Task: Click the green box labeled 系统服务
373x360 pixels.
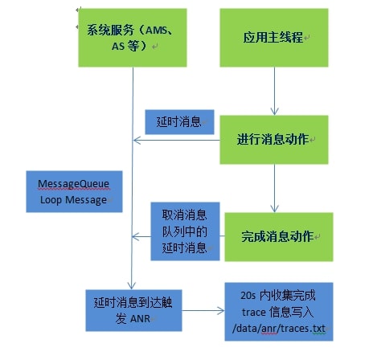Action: click(x=133, y=38)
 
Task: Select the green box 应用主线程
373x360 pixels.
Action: click(x=274, y=38)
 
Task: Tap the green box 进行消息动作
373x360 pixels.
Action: click(x=274, y=140)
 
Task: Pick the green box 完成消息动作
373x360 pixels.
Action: click(x=279, y=237)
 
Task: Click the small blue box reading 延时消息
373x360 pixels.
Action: click(x=179, y=122)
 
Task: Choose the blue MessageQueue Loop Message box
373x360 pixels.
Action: click(x=74, y=191)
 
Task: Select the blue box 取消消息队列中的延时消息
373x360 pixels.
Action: click(x=185, y=231)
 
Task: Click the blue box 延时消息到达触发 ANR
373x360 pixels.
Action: click(x=133, y=310)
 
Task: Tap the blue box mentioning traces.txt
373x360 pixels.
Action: click(x=279, y=312)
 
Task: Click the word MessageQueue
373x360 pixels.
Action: click(x=73, y=184)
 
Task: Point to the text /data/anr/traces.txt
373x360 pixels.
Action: click(x=279, y=329)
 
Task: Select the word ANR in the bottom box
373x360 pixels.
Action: click(x=140, y=319)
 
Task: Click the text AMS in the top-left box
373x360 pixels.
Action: click(x=157, y=30)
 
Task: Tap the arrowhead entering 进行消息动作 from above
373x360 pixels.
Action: click(x=274, y=111)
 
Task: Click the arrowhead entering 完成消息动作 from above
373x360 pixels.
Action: click(x=274, y=208)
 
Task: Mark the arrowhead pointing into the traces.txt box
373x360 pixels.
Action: click(x=220, y=311)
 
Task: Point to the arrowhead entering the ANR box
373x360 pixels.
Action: click(x=131, y=285)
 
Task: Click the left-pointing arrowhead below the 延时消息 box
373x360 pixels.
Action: click(x=137, y=140)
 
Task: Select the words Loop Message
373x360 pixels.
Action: click(x=73, y=200)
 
